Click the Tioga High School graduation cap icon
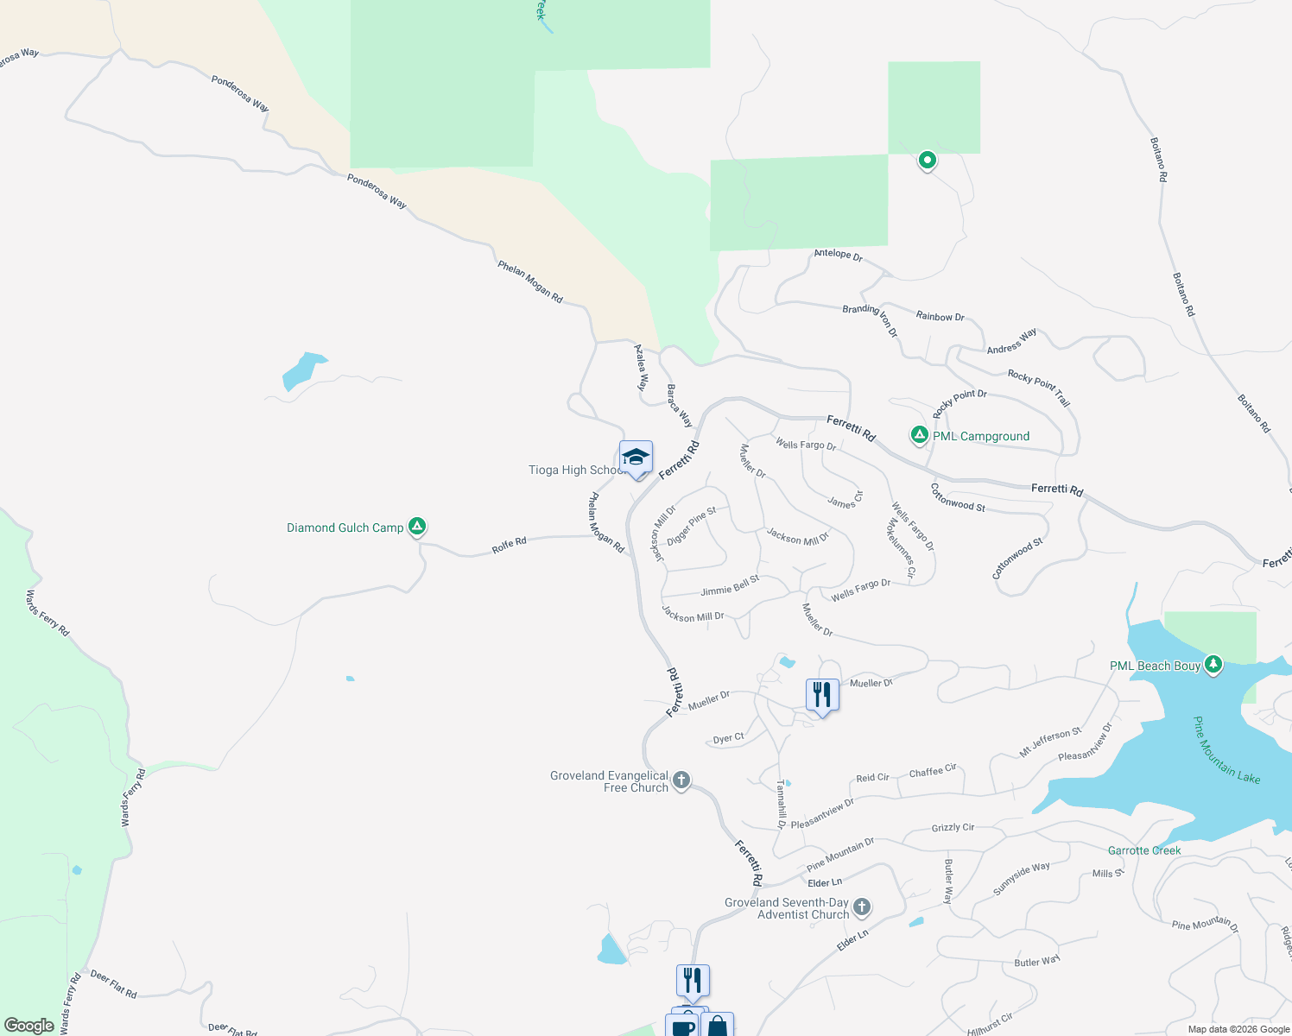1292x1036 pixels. coord(636,458)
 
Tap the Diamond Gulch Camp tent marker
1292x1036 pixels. coord(417,526)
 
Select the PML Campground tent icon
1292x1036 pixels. coord(920,435)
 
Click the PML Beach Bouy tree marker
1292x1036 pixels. coord(1213,664)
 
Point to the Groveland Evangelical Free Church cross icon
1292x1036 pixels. coord(681,780)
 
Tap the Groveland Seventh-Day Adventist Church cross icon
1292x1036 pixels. coord(861,906)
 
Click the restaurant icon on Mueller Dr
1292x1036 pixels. coord(822,695)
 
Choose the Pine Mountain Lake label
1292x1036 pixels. coord(1226,750)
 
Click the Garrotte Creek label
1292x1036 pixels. coord(1144,850)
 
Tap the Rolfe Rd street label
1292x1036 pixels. coord(509,544)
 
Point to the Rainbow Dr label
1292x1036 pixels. coord(940,316)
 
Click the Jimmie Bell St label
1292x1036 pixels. coord(730,586)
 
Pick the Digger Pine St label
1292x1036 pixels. coord(691,526)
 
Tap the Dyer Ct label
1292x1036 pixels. coord(728,738)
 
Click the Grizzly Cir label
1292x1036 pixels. coord(953,827)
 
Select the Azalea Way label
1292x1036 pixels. coord(641,368)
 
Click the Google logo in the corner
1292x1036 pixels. coord(29,1026)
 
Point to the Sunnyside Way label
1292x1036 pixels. coord(1022,878)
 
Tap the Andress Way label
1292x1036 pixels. coord(1011,341)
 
